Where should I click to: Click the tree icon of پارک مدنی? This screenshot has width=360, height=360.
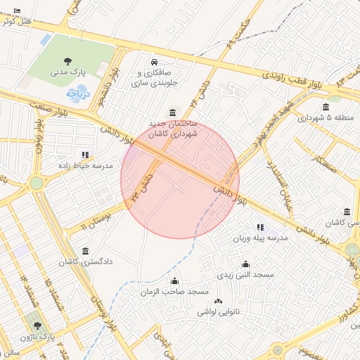coord(67,61)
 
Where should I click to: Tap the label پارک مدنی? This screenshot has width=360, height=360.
coord(67,72)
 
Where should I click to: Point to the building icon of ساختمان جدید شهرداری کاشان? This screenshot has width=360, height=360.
coord(173,112)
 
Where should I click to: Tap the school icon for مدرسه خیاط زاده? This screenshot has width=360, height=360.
coord(85,155)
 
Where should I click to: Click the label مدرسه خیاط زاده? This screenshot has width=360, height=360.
coord(84,166)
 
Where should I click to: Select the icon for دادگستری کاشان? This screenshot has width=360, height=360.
coord(85,251)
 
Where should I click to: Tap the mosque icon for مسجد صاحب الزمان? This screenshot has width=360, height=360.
coord(174,281)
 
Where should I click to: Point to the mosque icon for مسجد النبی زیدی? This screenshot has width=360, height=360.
coord(245,264)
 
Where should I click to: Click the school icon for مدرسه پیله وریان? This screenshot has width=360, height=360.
coord(261,228)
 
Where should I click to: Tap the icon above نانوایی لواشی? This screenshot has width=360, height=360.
coord(217,301)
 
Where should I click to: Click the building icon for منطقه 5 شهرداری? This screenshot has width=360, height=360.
coord(326,107)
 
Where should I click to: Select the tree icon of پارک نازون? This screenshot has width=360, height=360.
coord(37,326)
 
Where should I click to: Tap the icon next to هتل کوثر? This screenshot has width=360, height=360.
coord(17,11)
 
